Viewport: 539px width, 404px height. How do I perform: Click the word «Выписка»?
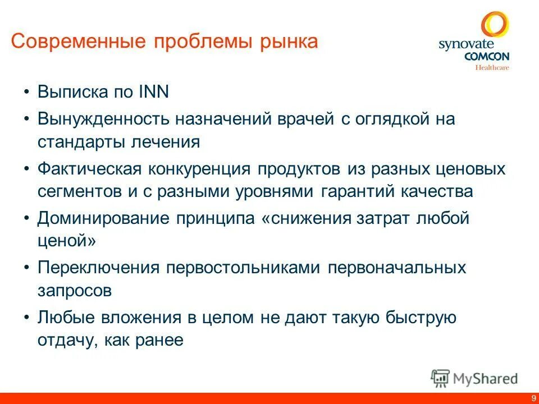pyautogui.click(x=73, y=91)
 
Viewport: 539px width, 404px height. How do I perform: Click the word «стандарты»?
pyautogui.click(x=74, y=141)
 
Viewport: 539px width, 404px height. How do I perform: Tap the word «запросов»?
pyautogui.click(x=75, y=290)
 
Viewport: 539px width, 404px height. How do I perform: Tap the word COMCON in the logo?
pyautogui.click(x=486, y=57)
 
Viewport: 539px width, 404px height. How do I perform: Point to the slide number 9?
pyautogui.click(x=532, y=398)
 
